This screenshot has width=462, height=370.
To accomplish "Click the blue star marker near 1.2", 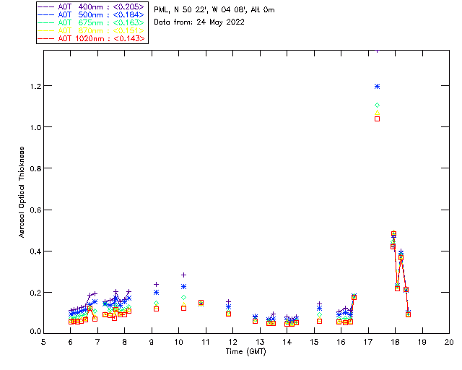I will [x=377, y=87].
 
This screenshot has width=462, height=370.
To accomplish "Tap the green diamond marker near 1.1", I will [x=377, y=106].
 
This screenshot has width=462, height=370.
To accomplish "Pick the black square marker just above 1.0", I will [x=377, y=119].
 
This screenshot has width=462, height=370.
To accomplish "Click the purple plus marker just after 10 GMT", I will [x=183, y=275].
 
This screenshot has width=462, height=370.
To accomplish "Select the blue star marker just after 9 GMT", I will [x=156, y=292].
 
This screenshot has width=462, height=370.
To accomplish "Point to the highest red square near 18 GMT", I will [x=394, y=234].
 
